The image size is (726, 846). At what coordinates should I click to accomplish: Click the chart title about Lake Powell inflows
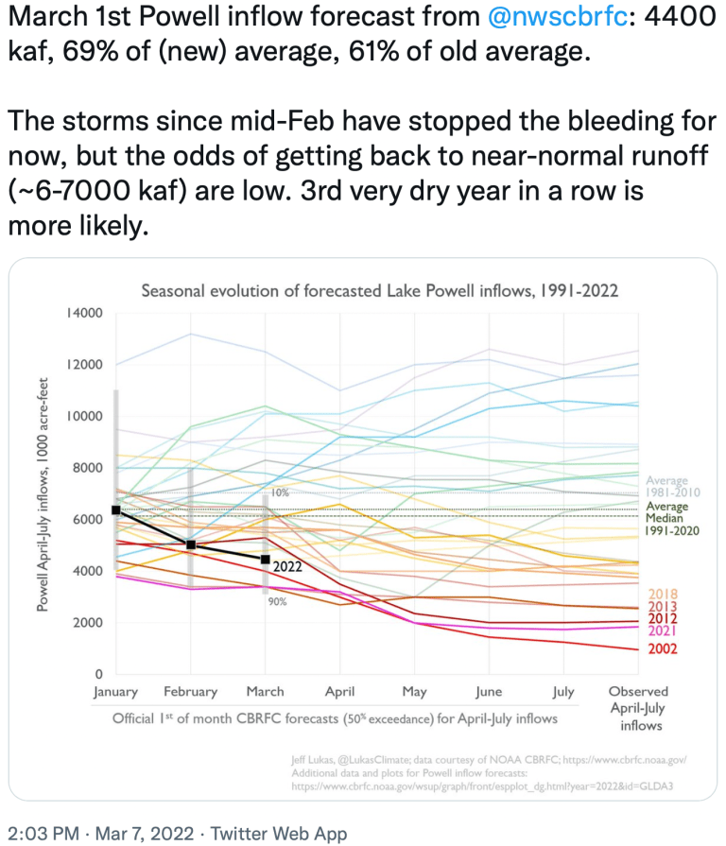[x=379, y=290]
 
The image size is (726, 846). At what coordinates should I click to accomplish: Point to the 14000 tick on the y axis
[x=85, y=313]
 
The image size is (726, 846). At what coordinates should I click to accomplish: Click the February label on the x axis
[x=190, y=692]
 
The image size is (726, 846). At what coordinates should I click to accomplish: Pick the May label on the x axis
[x=415, y=692]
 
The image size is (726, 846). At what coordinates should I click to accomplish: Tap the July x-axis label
[x=563, y=692]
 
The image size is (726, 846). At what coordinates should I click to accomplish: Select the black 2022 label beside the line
[x=287, y=566]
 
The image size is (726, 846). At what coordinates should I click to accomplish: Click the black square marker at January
[x=115, y=510]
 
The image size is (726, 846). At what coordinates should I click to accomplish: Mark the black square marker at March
[x=266, y=560]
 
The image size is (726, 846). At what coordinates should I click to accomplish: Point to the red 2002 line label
[x=662, y=648]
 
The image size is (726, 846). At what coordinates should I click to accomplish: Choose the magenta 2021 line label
[x=662, y=630]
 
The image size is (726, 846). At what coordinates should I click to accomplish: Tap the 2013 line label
[x=662, y=607]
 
